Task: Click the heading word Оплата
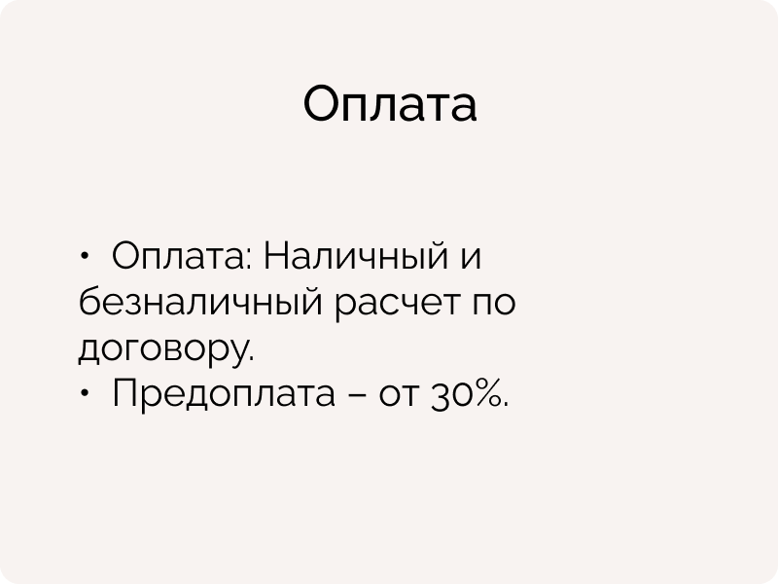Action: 390,103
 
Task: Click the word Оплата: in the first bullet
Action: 182,255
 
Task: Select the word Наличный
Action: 355,255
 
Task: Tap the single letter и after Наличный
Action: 471,258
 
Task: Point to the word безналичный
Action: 200,303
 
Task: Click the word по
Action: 493,304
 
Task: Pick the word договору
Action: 162,349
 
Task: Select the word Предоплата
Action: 224,393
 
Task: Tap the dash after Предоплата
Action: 356,395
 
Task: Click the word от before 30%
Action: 397,395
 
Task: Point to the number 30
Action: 447,394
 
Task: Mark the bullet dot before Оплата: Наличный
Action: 85,256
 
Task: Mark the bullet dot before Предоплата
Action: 85,393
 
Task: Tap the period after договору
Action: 250,358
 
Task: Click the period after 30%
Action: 505,404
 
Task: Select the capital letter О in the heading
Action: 322,103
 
